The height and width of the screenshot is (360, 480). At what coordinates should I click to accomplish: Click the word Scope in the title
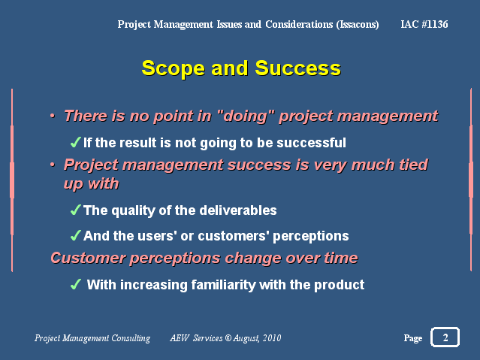tap(174, 68)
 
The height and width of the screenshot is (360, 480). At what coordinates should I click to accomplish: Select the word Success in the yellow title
tap(298, 68)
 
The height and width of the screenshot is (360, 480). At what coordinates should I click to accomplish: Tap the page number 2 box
tap(445, 337)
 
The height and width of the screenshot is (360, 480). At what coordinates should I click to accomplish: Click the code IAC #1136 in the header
tap(424, 24)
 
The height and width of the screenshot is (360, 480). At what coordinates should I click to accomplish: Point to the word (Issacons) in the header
tap(358, 25)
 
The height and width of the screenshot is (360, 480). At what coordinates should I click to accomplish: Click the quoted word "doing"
tap(246, 116)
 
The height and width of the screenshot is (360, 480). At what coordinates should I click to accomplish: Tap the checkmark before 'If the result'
tap(75, 142)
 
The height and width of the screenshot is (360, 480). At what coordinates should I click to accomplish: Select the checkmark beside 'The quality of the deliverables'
tap(75, 210)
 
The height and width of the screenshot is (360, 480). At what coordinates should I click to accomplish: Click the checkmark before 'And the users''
tap(75, 235)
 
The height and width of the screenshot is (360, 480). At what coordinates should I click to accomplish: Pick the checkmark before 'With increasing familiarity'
tap(75, 284)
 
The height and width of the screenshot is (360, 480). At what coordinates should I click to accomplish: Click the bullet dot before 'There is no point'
tap(53, 116)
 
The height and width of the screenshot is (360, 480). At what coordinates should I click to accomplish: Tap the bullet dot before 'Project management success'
tap(53, 165)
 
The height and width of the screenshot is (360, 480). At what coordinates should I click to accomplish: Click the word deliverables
tap(238, 210)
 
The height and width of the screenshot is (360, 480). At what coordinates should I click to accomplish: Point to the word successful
tap(311, 143)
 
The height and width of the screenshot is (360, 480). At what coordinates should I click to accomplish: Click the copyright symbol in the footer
tap(228, 338)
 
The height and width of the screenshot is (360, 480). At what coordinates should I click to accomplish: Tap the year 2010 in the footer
tap(272, 338)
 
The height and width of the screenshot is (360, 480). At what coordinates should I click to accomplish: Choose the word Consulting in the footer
tap(131, 338)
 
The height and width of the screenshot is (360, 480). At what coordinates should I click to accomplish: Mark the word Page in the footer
tap(413, 338)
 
